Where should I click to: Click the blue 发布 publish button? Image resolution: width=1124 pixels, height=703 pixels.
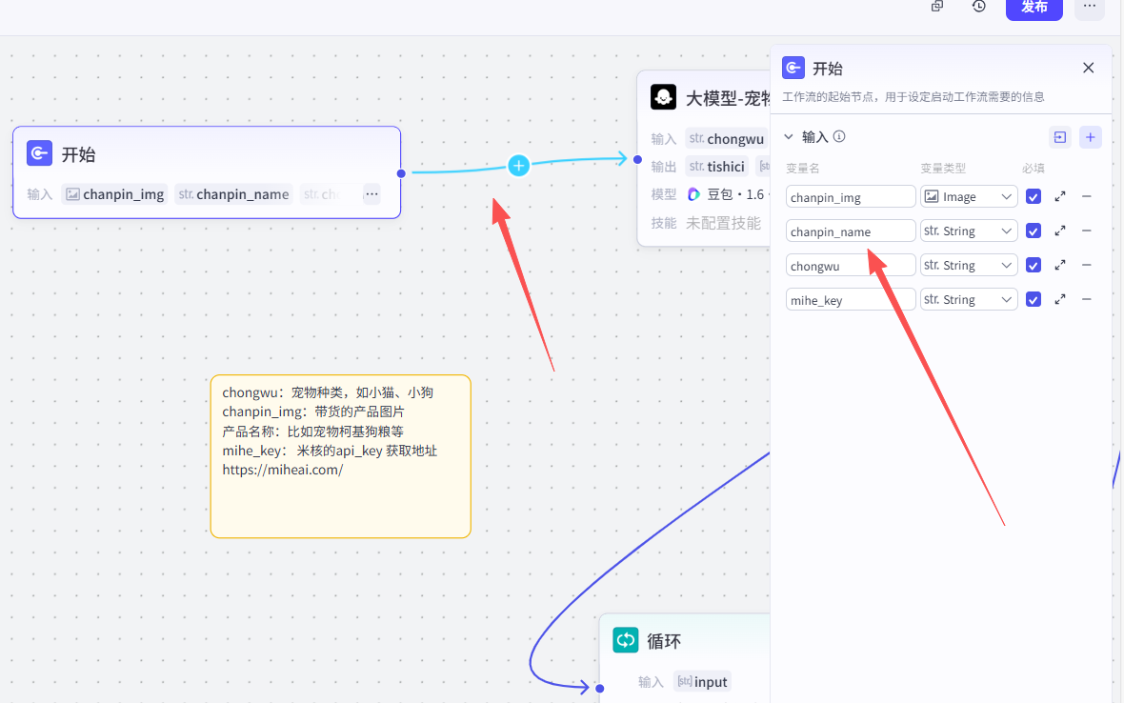coord(1034,7)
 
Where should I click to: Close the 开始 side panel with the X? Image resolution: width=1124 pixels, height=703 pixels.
coord(1089,68)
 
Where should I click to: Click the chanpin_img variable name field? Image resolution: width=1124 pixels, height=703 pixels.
coord(850,197)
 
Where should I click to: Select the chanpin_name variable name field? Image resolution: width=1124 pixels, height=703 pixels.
coord(850,231)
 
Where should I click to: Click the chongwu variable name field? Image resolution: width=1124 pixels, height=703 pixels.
coord(850,266)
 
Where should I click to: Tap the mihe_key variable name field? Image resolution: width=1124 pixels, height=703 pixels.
coord(850,300)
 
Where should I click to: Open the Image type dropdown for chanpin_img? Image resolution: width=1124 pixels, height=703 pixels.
coord(969,197)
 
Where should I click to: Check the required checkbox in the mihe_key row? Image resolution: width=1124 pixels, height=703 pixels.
coord(1034,300)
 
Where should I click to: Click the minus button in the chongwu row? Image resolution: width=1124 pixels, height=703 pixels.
coord(1087,266)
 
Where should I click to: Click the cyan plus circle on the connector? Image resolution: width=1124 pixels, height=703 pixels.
coord(518,166)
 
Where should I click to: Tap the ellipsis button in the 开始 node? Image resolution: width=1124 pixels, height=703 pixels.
coord(371,194)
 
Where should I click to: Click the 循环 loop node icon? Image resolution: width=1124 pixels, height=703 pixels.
coord(626,640)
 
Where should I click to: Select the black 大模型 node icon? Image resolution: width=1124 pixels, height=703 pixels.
coord(663,97)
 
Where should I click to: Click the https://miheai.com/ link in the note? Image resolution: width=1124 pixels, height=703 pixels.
coord(282,470)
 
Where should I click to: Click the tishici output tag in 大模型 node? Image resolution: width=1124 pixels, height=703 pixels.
coord(716,167)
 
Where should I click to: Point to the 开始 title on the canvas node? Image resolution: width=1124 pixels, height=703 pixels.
coord(78,154)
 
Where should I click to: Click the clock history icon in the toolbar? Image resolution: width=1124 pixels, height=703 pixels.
coord(979,7)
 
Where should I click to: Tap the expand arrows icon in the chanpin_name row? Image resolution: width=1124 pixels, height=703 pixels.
coord(1060,231)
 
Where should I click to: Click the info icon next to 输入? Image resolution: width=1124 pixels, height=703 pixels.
coord(839,136)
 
